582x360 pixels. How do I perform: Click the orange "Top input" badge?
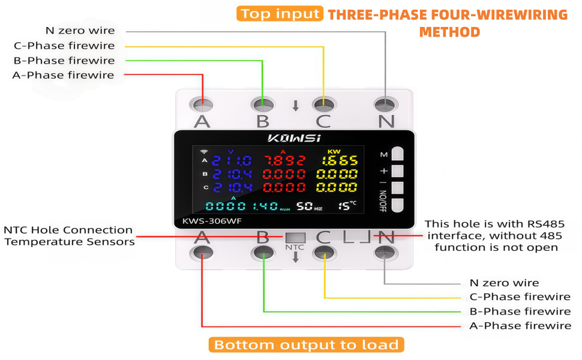click(x=280, y=14)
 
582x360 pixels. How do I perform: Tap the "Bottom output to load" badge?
click(x=306, y=345)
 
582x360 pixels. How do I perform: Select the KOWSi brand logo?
click(x=294, y=139)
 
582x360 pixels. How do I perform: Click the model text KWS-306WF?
click(x=212, y=221)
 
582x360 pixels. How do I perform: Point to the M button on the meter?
click(x=398, y=154)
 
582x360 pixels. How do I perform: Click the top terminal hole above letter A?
click(x=203, y=105)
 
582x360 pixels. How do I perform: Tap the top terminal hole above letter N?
click(x=385, y=105)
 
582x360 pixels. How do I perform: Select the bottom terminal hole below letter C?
click(x=325, y=253)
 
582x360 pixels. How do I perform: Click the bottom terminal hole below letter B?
click(x=263, y=253)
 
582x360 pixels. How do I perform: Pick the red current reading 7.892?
click(x=284, y=161)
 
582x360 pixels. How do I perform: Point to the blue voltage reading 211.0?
click(x=232, y=161)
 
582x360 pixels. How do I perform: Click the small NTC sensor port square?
click(x=295, y=238)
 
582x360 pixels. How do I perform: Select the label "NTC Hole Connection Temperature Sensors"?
click(x=69, y=236)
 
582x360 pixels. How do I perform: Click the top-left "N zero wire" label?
click(x=80, y=31)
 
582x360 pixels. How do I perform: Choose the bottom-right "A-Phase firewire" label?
click(x=520, y=326)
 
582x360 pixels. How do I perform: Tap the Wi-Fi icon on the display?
click(x=204, y=151)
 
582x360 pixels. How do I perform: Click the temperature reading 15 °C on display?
click(x=347, y=206)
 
